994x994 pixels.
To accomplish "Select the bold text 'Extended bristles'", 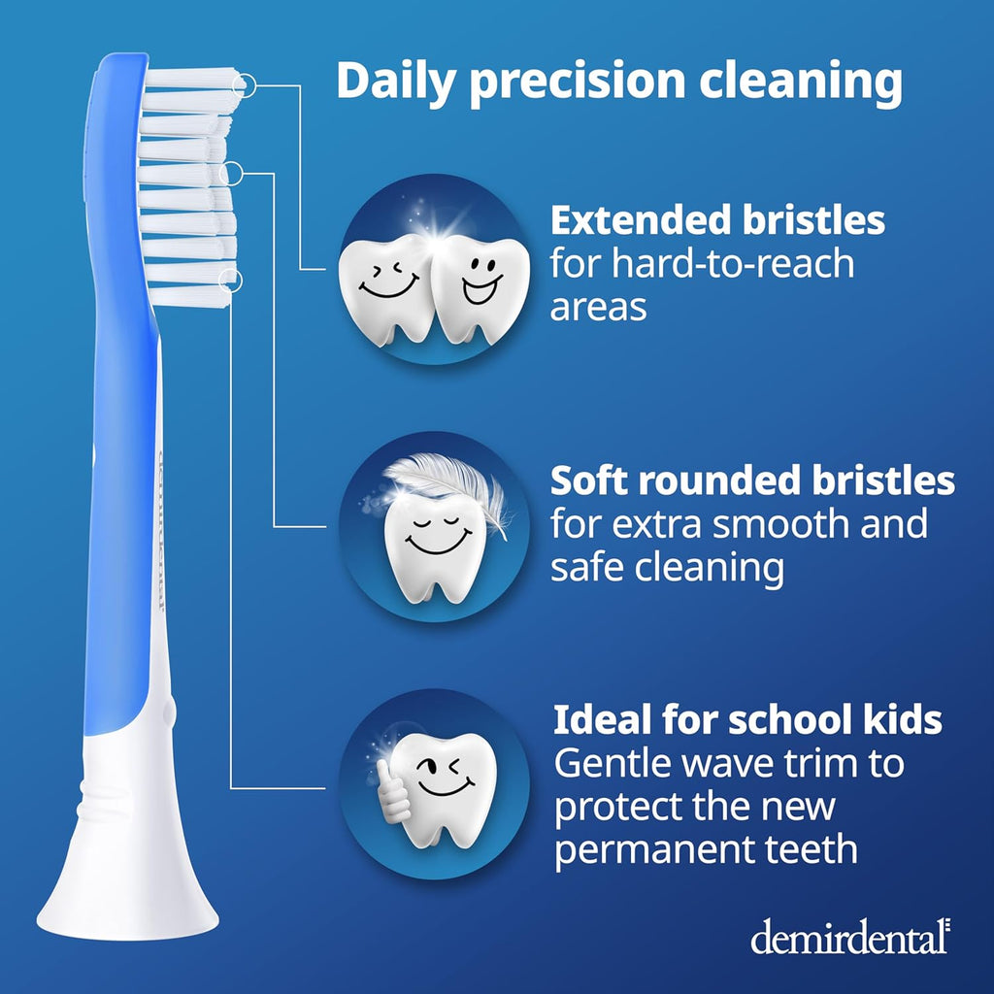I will click(717, 220).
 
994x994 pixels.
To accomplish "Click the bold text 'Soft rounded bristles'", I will click(752, 480).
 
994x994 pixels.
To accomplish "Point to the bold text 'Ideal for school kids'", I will click(747, 720).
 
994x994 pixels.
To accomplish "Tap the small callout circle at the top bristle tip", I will click(246, 85).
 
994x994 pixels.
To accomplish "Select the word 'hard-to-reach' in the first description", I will click(703, 264).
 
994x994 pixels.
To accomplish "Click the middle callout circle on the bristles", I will click(232, 174).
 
